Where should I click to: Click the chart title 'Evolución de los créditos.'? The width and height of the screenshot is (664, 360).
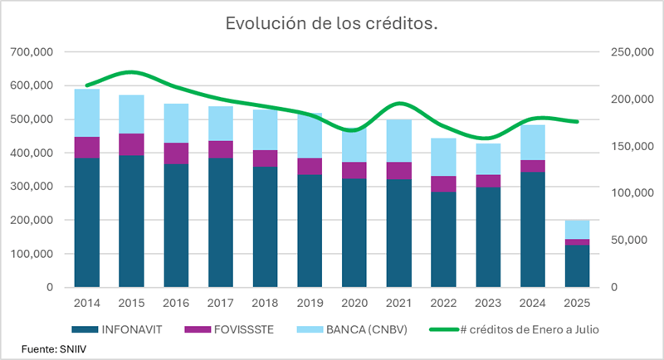(x=332, y=24)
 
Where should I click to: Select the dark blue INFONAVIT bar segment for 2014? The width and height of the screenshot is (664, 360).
(x=87, y=222)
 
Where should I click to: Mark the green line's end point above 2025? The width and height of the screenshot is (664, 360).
(x=576, y=122)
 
